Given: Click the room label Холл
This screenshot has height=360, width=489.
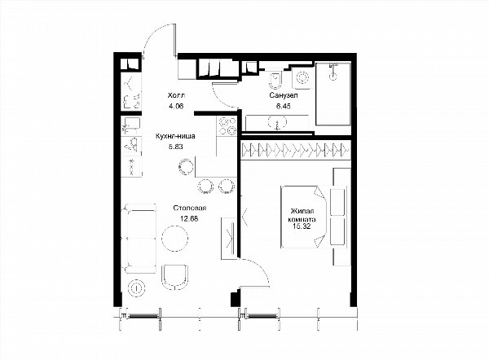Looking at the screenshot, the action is (x=176, y=95).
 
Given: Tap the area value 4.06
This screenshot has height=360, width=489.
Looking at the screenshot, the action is (x=176, y=106).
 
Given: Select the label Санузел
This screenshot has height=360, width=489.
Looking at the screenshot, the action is (x=284, y=95).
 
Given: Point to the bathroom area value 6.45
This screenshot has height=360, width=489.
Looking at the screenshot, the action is (x=283, y=106).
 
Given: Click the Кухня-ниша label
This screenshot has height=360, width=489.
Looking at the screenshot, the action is (x=175, y=136).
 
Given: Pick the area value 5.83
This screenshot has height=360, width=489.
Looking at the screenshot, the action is (x=175, y=147).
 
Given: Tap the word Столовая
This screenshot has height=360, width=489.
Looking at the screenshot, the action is (x=190, y=208).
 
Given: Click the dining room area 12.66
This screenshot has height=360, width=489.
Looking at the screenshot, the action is (x=189, y=218).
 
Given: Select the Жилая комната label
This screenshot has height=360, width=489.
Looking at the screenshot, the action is (x=302, y=215).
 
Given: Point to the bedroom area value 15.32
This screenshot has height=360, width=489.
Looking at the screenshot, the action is (x=302, y=226).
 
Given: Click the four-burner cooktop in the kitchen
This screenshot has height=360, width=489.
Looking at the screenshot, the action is (x=227, y=126).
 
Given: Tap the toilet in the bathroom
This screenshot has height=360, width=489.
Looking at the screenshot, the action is (x=275, y=81).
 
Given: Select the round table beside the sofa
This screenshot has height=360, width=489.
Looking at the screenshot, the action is (x=175, y=238).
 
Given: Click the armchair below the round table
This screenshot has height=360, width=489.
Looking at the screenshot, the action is (x=175, y=278).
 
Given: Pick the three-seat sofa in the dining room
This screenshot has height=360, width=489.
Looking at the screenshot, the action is (x=140, y=239).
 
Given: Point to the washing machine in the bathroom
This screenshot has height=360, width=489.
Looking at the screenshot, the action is (x=302, y=77).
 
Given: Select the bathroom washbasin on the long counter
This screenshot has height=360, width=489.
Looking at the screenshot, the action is (x=277, y=122).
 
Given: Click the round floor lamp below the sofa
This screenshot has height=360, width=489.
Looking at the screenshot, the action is (x=137, y=288).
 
